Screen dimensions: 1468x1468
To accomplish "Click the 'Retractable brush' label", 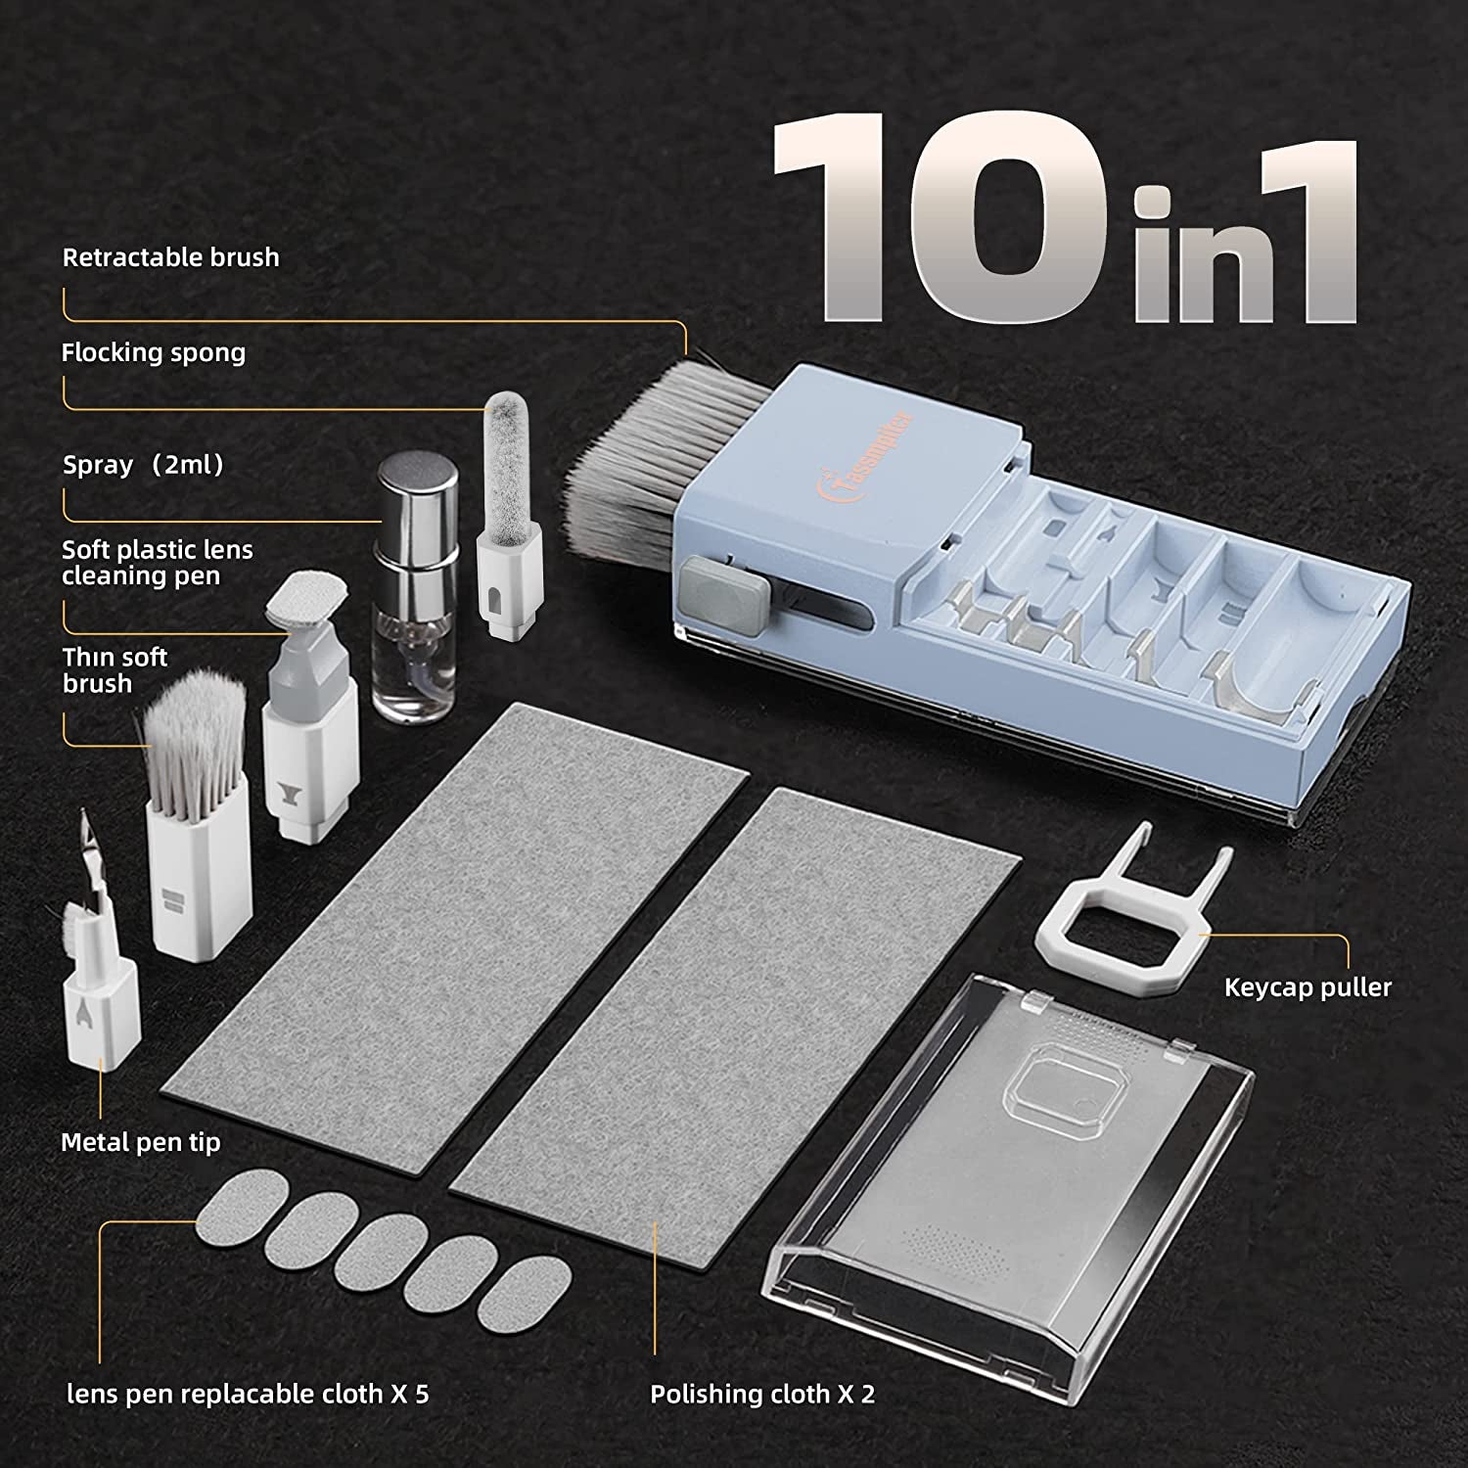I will click(171, 257).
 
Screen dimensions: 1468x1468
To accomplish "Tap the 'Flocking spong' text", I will click(154, 352).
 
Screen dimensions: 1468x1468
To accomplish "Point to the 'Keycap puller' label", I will click(1307, 986).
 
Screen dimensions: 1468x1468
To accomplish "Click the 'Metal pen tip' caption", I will click(141, 1142).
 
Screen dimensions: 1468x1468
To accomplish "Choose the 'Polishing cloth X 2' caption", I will click(762, 1394).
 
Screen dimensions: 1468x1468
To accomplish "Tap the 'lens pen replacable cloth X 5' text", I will click(248, 1394).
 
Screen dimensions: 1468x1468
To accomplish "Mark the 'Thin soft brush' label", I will click(115, 670).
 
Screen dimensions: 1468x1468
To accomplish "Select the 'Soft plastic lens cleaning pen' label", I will click(157, 563).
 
